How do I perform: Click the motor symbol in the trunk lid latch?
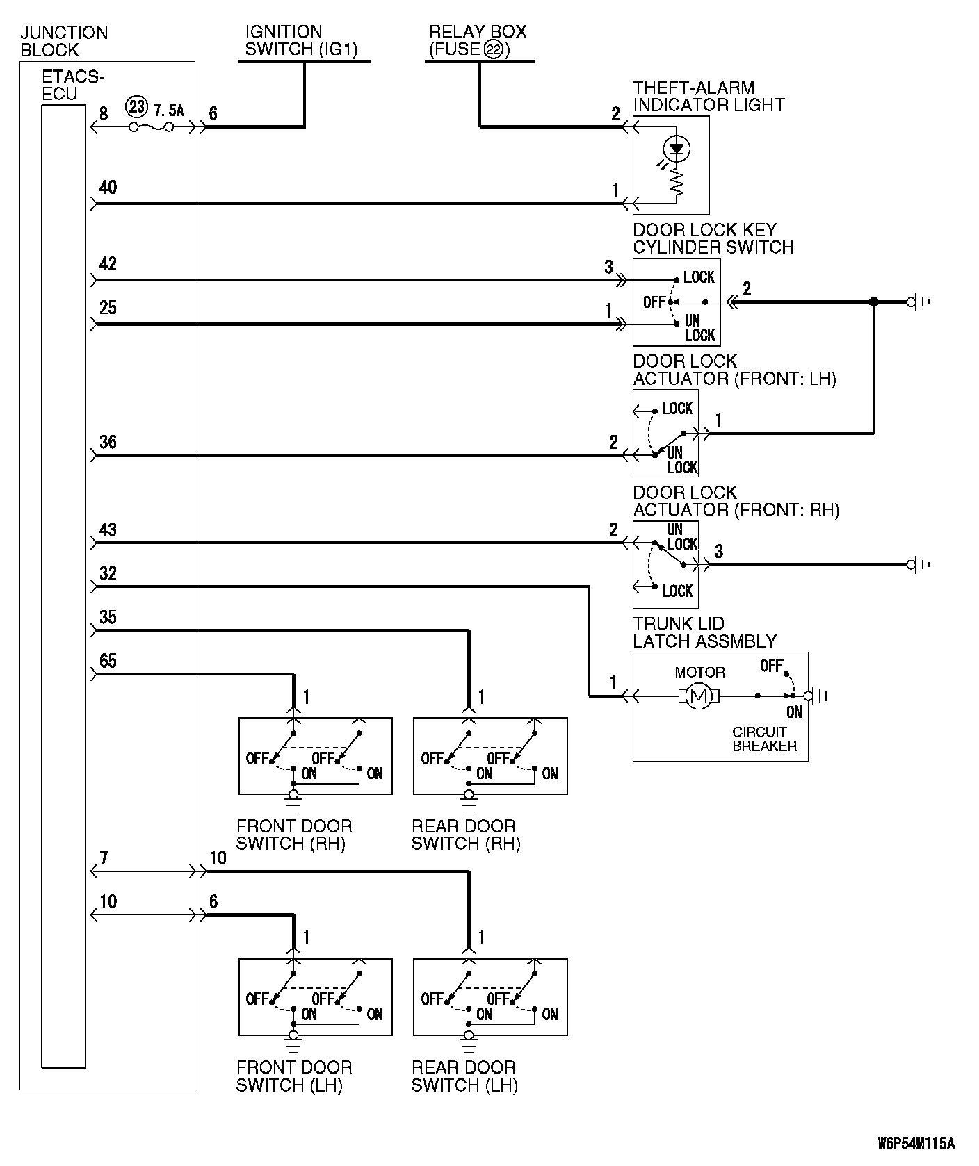pos(699,696)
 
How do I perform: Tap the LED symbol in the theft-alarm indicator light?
pos(677,147)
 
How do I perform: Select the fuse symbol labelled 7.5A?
pos(150,127)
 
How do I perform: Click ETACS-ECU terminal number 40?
pos(108,188)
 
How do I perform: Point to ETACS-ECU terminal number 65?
pos(108,661)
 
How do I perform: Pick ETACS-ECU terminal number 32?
pos(108,573)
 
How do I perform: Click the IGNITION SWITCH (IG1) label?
pos(300,40)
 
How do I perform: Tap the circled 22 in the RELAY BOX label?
pos(493,49)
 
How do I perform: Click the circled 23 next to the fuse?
pos(137,108)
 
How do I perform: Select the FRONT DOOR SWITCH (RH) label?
pos(294,835)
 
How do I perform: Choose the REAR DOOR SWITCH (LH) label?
pos(464,1076)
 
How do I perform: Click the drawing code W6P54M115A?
pos(916,1143)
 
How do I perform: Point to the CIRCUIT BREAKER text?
pos(764,739)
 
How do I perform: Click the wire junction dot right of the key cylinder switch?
pos(874,302)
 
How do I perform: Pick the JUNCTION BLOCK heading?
pos(64,41)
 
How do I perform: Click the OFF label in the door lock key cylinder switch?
pos(654,302)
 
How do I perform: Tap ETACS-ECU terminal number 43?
pos(108,529)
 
